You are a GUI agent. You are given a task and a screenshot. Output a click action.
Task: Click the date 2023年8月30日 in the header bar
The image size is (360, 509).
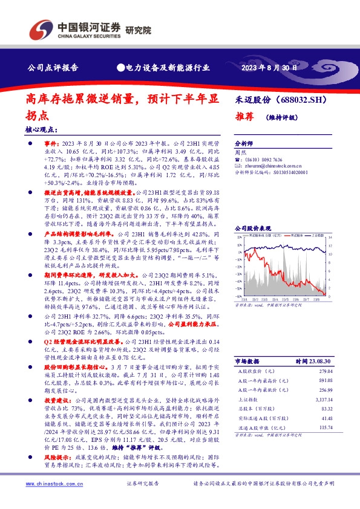pos(271,68)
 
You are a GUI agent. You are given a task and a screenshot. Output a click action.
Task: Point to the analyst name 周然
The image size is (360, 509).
pos(241,154)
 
